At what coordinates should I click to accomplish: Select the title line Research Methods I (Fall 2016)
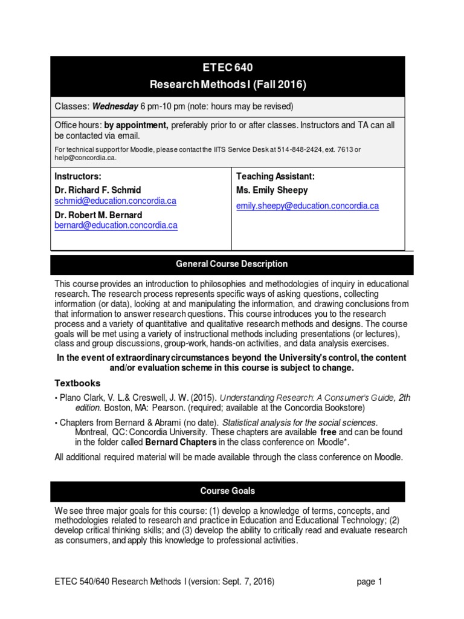point(228,85)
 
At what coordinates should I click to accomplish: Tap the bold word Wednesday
point(115,107)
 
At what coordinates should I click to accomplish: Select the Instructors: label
point(77,177)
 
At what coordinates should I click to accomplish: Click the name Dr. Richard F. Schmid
point(99,190)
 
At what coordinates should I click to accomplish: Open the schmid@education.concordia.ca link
point(115,201)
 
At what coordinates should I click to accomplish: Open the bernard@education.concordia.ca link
point(116,225)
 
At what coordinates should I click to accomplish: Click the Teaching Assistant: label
point(275,177)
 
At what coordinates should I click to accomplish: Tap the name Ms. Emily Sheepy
point(272,190)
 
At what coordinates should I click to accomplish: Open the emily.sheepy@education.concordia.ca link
point(308,206)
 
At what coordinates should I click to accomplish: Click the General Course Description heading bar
point(231,264)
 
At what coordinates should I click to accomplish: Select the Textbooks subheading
point(78,383)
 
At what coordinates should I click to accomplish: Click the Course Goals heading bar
point(228,491)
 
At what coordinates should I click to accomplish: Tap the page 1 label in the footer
point(370,582)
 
